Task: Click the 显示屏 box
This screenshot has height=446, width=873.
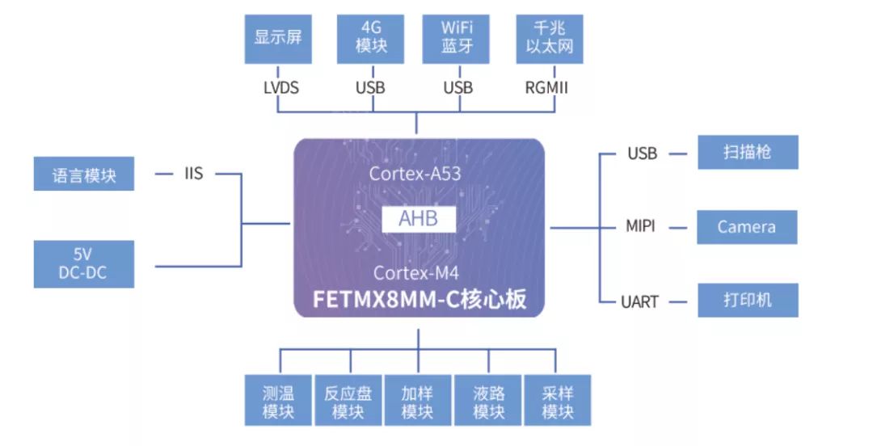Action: [x=278, y=37]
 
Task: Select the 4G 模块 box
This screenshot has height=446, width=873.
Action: [x=369, y=37]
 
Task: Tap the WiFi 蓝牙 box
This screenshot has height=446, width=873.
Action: [x=458, y=37]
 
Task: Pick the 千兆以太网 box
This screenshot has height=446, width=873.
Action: [x=550, y=37]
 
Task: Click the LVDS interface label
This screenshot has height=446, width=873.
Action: [x=280, y=87]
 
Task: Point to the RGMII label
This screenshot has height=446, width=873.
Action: [x=547, y=87]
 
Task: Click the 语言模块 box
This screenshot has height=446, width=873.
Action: [x=84, y=175]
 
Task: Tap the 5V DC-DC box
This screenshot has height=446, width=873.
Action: [x=84, y=264]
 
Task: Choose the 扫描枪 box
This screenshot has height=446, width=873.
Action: [x=748, y=152]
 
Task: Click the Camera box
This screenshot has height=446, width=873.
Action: [x=747, y=227]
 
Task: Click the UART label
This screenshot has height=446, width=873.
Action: [x=640, y=301]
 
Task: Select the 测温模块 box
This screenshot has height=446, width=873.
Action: [x=279, y=402]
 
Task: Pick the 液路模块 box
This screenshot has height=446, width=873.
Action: [x=488, y=402]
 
